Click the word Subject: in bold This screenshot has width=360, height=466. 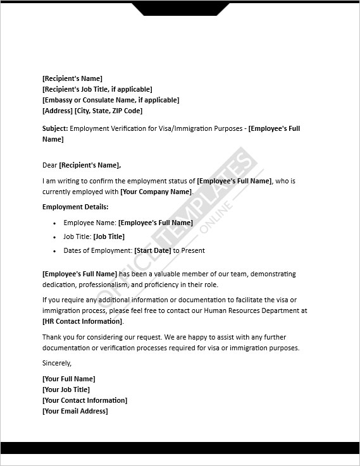coord(55,129)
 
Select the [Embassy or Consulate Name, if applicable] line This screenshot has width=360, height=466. coord(111,100)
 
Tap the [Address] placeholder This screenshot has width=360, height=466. coord(57,111)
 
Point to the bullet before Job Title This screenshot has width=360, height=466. coord(55,237)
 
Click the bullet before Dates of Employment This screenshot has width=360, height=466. coord(55,251)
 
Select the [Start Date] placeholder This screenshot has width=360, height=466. coord(152,250)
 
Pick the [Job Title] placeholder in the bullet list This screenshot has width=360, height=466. coord(109,236)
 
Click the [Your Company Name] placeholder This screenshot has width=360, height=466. coord(156,192)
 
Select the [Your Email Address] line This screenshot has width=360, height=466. coord(75,411)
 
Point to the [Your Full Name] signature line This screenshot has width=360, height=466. coord(68,379)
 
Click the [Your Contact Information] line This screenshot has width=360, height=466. coord(85,400)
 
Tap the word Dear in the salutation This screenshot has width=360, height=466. coord(50,165)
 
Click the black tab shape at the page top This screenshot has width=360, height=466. coord(181,8)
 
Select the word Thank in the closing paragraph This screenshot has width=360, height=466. coord(52,337)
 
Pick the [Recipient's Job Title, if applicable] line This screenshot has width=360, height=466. coord(97,89)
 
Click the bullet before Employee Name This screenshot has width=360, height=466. coord(55,223)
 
